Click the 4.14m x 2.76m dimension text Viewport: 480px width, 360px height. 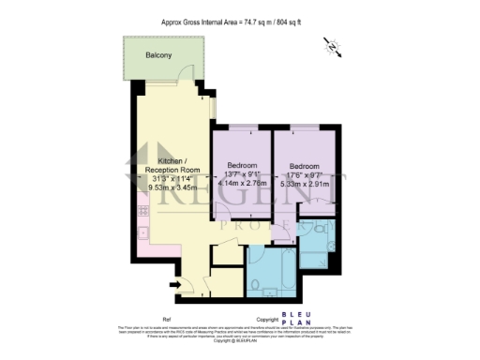[x=241, y=185]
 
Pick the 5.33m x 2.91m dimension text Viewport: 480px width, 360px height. [x=305, y=185]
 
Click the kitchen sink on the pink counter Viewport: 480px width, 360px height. [x=143, y=219]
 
